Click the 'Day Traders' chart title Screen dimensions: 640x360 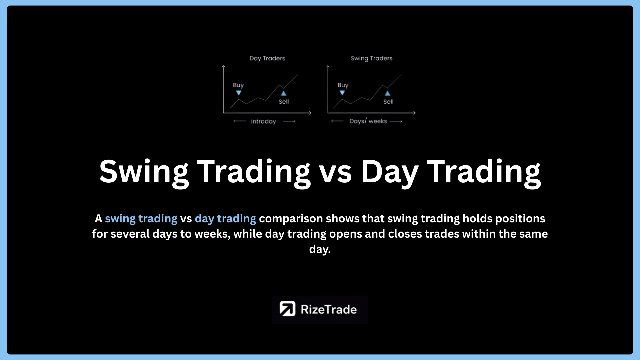click(267, 58)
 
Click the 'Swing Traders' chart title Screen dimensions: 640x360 click(371, 58)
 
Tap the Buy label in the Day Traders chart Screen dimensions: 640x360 click(238, 85)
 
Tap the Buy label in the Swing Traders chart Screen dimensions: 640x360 click(343, 85)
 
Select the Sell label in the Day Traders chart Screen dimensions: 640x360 click(284, 102)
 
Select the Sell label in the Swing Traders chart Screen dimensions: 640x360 click(388, 102)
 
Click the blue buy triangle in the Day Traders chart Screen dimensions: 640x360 click(239, 93)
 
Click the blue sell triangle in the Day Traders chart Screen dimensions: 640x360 click(284, 93)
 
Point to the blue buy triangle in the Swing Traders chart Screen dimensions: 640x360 click(342, 93)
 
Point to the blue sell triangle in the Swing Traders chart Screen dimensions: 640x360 click(388, 93)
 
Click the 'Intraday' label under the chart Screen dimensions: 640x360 click(263, 122)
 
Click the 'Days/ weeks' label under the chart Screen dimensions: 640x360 click(368, 121)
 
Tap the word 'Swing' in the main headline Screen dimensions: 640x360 click(144, 172)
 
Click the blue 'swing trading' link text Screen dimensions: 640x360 click(141, 219)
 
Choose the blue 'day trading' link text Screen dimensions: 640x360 click(225, 219)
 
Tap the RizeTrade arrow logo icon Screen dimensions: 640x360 click(287, 309)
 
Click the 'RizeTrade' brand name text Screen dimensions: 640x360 click(329, 310)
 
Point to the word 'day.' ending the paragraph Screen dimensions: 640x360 click(320, 249)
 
